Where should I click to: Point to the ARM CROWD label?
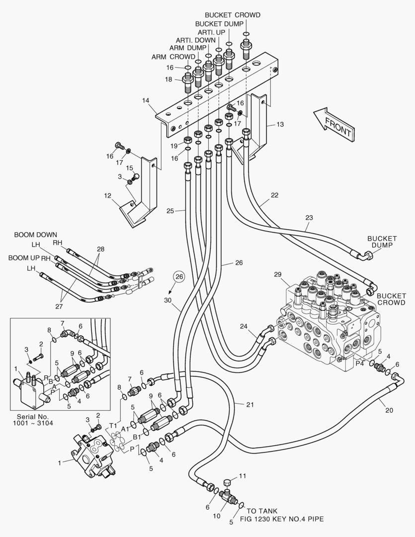click(173, 57)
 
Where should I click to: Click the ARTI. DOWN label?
click(195, 40)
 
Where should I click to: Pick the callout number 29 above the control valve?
click(277, 274)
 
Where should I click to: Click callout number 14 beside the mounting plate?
click(146, 100)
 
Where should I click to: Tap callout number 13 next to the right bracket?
click(280, 124)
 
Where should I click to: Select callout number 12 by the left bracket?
click(107, 196)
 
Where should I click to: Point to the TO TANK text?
click(262, 511)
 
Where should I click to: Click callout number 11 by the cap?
click(242, 476)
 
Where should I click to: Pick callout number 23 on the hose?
click(309, 217)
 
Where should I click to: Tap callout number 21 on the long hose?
click(249, 404)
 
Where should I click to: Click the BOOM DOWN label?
click(35, 234)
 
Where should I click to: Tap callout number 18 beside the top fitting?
click(169, 79)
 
